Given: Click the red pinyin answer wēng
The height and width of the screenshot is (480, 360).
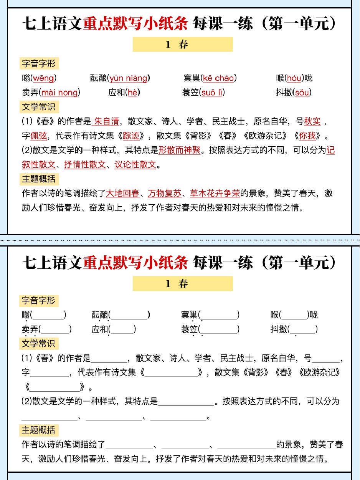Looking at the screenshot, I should click(43, 78).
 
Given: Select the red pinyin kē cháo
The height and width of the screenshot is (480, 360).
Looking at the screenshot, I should click(218, 78).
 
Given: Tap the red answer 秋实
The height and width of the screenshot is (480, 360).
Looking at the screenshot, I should click(312, 122).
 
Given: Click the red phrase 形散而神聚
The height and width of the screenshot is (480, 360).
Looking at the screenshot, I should click(180, 150).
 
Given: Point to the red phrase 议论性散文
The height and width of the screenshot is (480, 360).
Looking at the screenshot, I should click(135, 164).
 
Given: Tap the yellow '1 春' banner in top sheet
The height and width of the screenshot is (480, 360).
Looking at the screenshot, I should click(183, 45).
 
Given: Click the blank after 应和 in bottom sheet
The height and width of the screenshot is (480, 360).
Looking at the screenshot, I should click(122, 329).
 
